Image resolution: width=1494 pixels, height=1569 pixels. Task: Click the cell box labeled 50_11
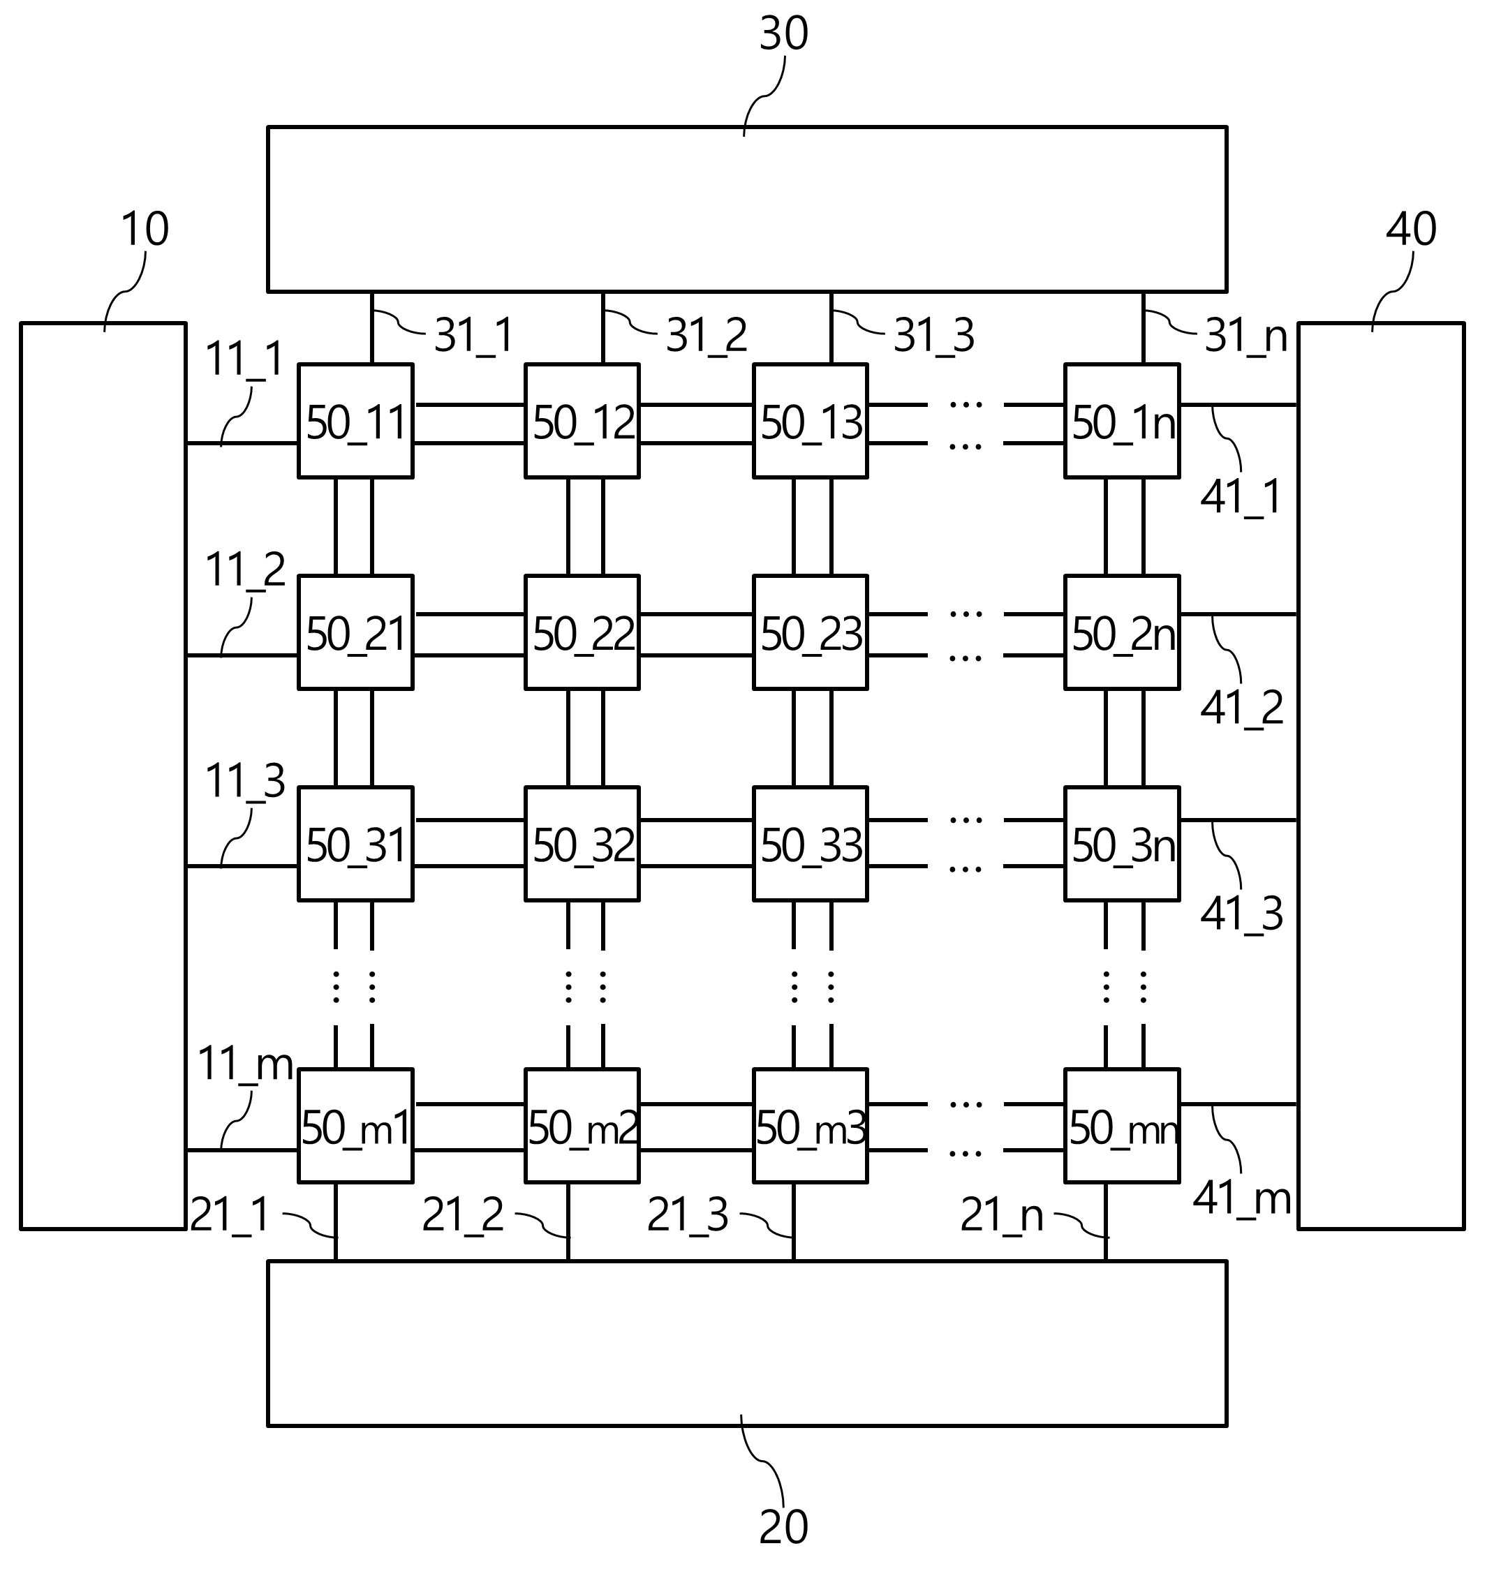pos(355,421)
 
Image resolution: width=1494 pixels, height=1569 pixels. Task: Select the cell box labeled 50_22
pos(582,632)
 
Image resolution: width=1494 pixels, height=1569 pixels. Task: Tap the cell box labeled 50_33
pos(811,844)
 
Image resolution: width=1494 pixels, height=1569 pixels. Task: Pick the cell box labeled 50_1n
pos(1122,421)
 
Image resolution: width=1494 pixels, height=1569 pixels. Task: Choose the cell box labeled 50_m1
pos(355,1126)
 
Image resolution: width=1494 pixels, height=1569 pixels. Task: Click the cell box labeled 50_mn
pos(1122,1126)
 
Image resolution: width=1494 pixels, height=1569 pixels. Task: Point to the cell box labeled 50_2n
pos(1122,632)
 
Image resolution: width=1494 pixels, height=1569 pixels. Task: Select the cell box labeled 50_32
pos(582,844)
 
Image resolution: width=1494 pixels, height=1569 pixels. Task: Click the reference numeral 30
pos(783,34)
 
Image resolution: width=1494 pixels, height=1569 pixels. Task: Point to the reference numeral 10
pos(145,229)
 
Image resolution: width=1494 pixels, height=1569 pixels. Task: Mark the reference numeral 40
pos(1411,229)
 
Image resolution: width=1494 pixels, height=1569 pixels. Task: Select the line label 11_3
pos(245,781)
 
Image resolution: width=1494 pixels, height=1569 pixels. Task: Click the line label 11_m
pos(245,1064)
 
